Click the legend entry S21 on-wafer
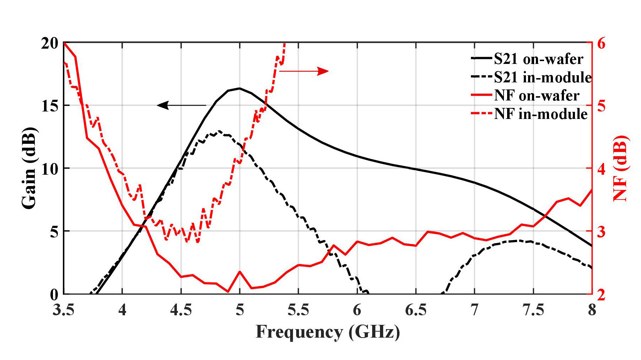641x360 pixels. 538,59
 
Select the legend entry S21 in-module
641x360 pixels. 542,77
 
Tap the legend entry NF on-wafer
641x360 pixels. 536,96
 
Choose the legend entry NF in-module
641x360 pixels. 540,114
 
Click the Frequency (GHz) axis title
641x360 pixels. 327,332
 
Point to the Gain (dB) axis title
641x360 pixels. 29,168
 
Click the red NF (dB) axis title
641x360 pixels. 621,168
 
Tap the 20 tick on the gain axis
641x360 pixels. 49,43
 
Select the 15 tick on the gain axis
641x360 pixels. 49,106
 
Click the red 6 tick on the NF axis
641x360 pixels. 601,43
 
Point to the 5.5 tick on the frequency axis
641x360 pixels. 298,310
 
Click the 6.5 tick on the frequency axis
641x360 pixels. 415,310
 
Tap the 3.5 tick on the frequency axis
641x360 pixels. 64,310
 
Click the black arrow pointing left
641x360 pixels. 181,105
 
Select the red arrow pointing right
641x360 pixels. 304,71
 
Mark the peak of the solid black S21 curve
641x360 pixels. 240,88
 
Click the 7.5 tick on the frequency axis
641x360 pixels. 533,310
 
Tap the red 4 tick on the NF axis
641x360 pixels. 601,169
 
